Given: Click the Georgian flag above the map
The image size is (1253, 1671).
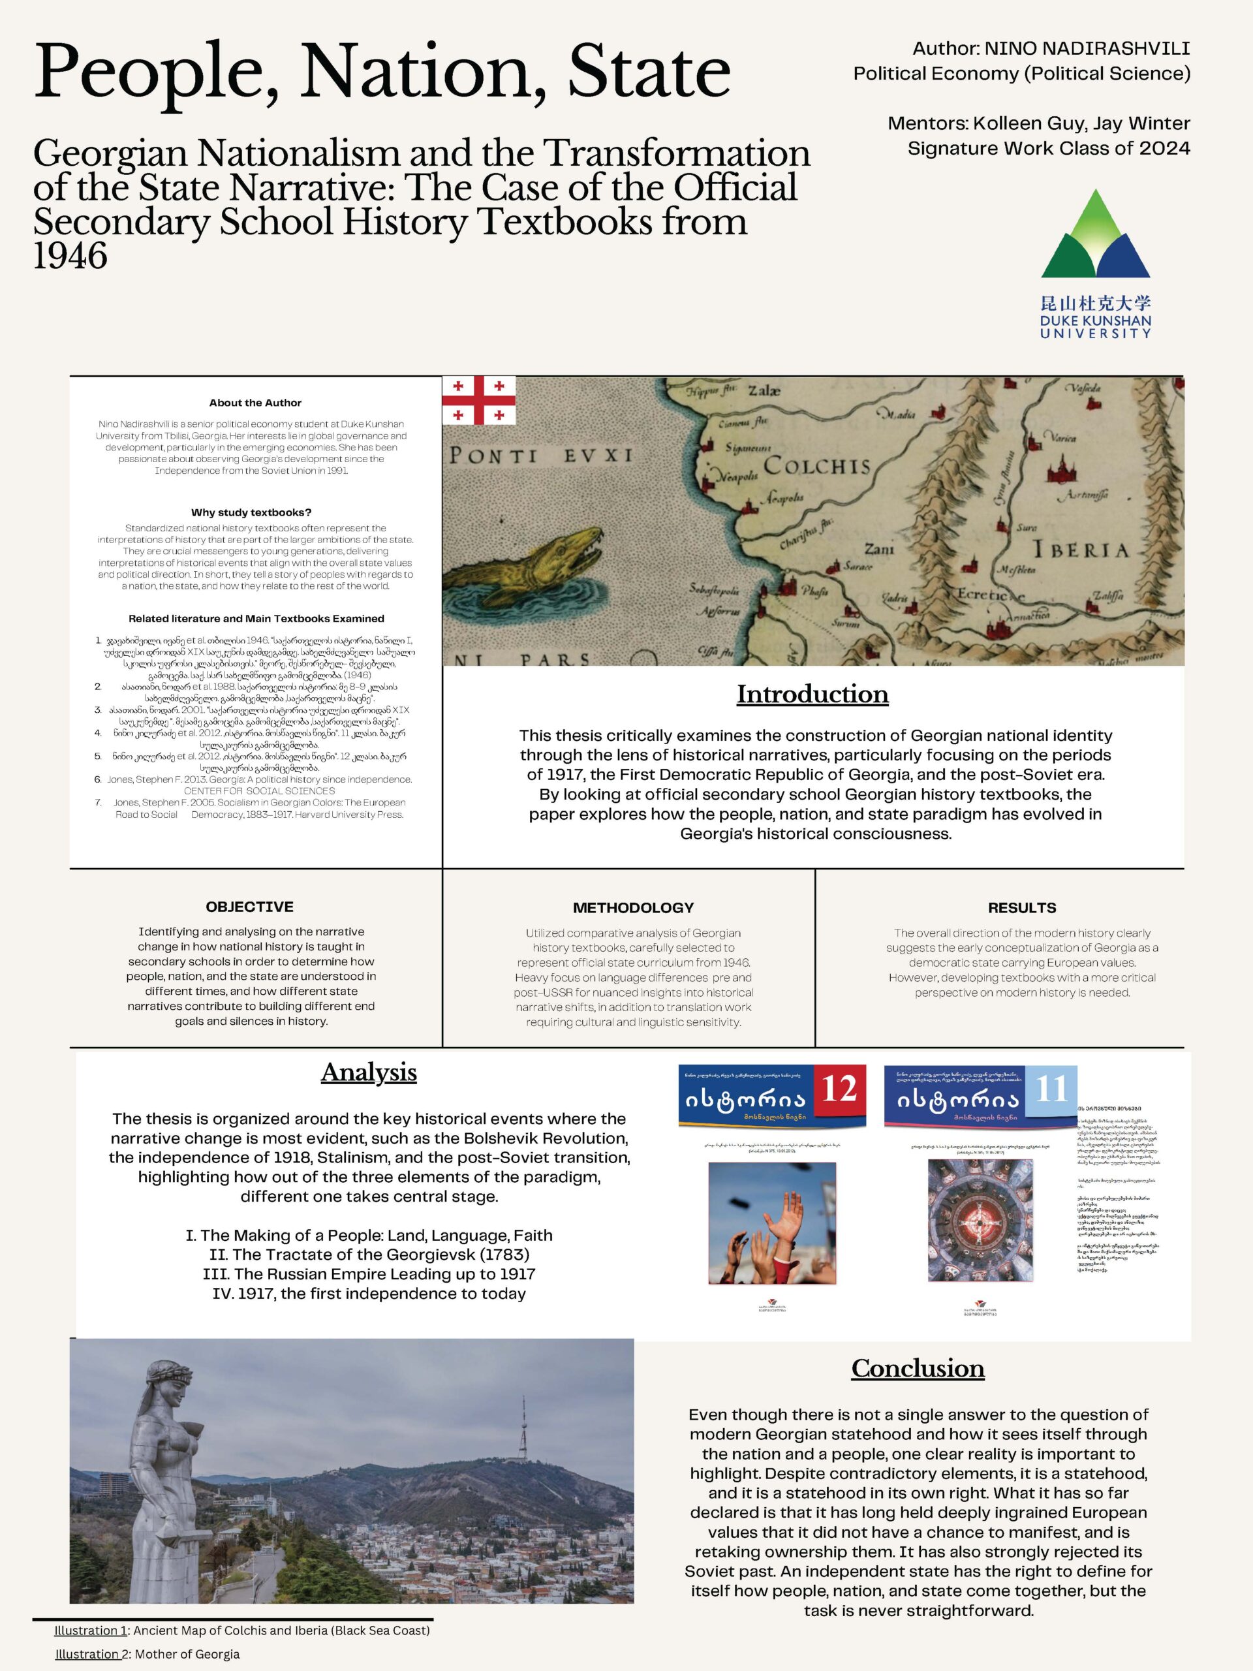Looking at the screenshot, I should (479, 400).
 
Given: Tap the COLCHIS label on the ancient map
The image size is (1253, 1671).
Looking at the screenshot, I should (816, 465).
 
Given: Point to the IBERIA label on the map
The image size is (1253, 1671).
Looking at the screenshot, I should (1081, 550).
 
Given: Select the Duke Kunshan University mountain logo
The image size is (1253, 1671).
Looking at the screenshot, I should (1095, 235).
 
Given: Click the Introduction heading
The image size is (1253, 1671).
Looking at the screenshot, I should (812, 695).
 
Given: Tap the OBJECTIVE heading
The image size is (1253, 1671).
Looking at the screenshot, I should (249, 907).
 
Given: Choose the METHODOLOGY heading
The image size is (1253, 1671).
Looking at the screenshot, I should (633, 907).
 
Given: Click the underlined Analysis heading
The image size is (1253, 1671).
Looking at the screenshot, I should (369, 1072).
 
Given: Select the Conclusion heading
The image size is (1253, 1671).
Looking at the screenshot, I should (918, 1368).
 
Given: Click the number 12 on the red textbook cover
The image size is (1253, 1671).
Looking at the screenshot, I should (839, 1089).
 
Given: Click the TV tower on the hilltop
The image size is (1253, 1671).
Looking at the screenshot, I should (522, 1422).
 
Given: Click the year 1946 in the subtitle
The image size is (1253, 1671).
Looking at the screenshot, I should (70, 256).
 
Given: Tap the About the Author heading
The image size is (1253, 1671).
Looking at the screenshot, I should (255, 403).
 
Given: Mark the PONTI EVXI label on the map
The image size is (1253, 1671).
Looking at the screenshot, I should (541, 456).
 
